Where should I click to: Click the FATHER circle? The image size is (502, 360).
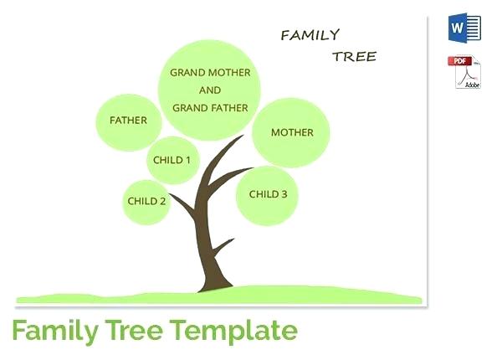[x=128, y=121]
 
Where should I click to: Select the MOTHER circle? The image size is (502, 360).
[x=292, y=132]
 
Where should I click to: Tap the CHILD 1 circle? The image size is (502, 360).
[x=172, y=160]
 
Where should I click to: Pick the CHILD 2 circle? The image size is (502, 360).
[x=147, y=201]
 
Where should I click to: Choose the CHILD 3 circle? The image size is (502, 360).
[x=268, y=194]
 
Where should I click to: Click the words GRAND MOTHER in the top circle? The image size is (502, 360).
[x=210, y=73]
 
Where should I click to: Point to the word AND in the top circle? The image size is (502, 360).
[x=210, y=90]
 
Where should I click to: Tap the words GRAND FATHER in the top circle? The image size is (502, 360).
[x=210, y=107]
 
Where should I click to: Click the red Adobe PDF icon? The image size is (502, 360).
[x=464, y=72]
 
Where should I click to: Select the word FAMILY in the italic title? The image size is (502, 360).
[x=310, y=35]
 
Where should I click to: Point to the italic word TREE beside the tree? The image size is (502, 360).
[x=354, y=57]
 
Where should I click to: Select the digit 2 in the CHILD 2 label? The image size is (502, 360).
[x=162, y=201]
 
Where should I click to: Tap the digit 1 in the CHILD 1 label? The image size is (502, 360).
[x=187, y=160]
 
